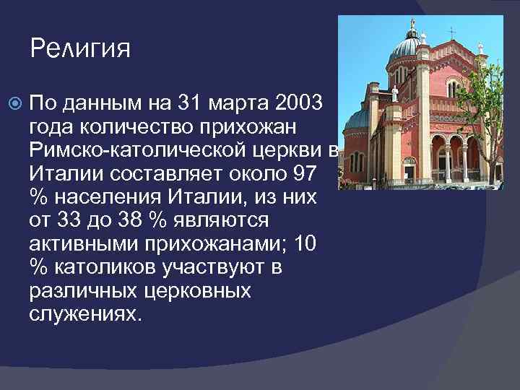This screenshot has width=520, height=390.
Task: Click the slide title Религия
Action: coord(80,48)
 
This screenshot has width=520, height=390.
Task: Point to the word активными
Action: coord(81,244)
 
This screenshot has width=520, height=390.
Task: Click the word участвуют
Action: coord(210,268)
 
